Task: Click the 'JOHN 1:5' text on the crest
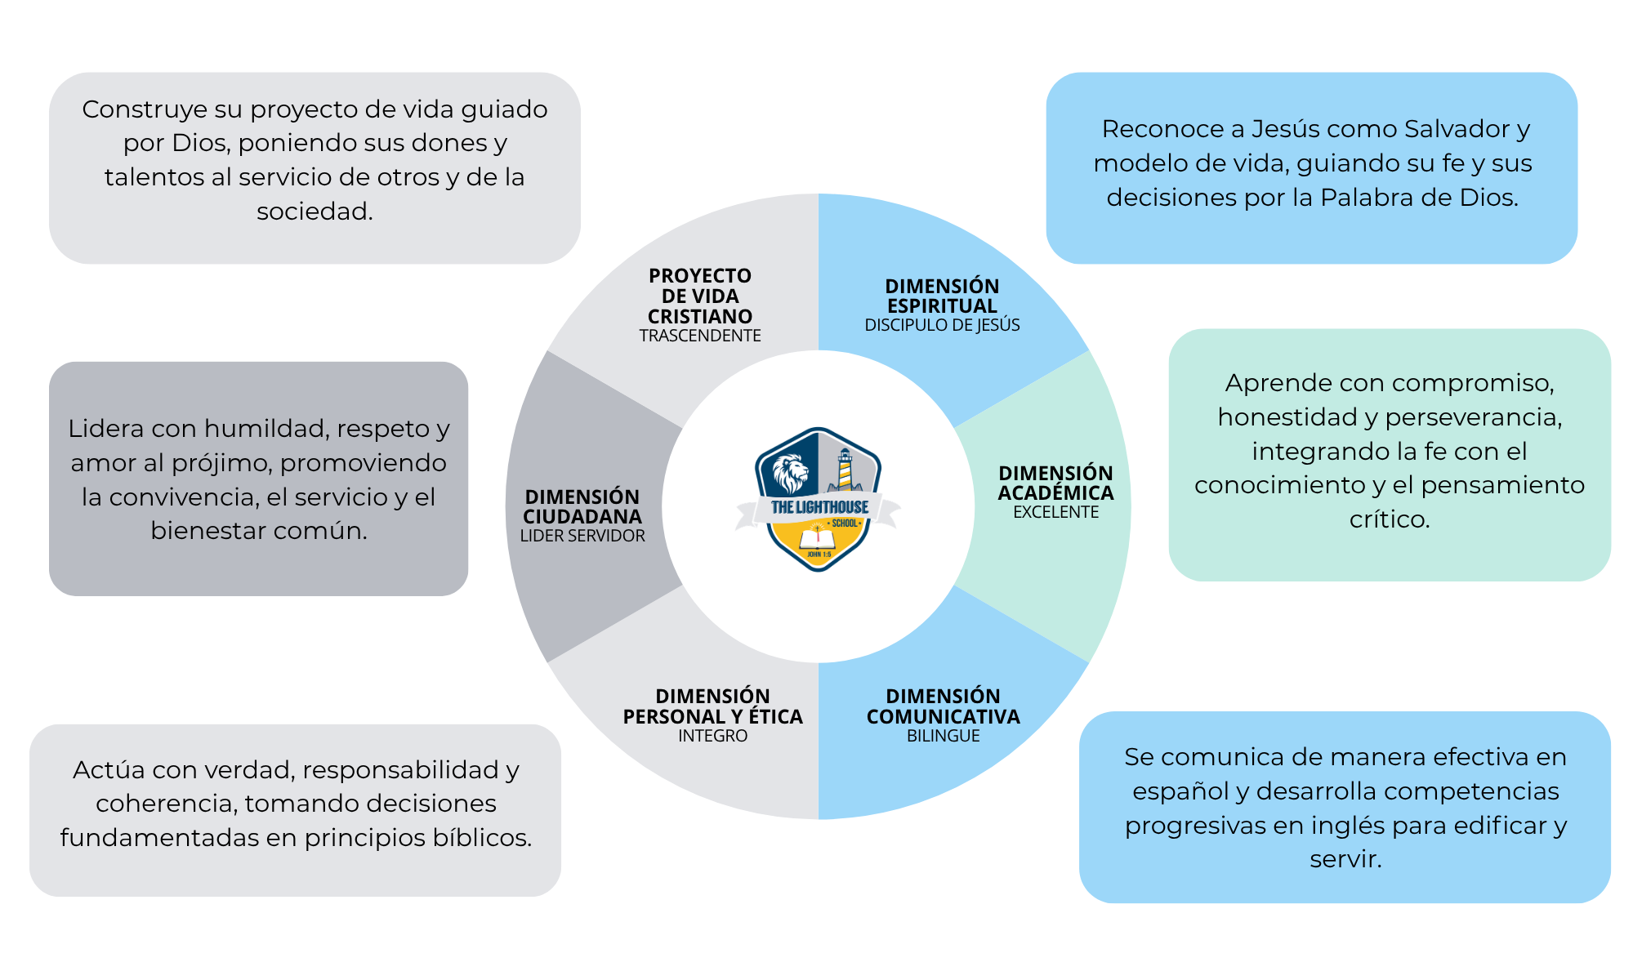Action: [x=819, y=555]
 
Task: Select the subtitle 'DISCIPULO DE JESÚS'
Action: [x=942, y=325]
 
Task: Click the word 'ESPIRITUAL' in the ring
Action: [x=942, y=306]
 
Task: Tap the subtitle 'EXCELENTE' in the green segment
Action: [x=1055, y=512]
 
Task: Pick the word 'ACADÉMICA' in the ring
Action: [x=1055, y=492]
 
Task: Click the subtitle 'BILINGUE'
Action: [x=943, y=736]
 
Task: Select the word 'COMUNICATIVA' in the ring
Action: [x=943, y=716]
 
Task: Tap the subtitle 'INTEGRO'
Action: [x=712, y=736]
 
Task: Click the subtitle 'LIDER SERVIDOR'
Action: [x=582, y=536]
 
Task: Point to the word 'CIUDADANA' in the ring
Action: [x=582, y=516]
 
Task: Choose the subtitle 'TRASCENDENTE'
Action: [x=700, y=336]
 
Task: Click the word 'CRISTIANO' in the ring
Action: [x=700, y=316]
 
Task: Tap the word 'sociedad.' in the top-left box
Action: [x=315, y=212]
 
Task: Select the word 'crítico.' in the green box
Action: [x=1390, y=519]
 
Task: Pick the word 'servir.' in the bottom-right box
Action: [x=1345, y=859]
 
